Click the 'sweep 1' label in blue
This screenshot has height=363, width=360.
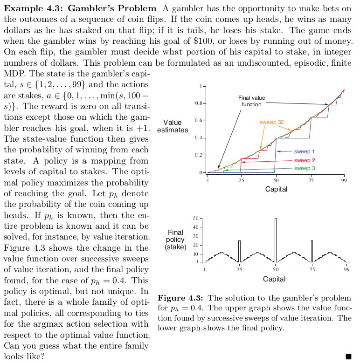pos(304,151)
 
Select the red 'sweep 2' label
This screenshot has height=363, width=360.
pos(304,160)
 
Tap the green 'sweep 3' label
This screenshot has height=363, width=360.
pos(304,168)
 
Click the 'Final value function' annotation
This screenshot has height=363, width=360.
pos(251,101)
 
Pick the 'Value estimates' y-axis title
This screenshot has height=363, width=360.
pos(173,126)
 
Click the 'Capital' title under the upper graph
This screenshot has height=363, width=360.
pos(276,189)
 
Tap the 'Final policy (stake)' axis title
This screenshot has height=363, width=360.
pos(176,239)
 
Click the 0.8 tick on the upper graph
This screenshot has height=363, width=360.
pos(198,103)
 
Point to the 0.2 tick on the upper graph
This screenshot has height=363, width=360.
pos(198,155)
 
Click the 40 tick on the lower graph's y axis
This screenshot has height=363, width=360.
pos(196,227)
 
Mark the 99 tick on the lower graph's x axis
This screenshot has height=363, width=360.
pos(346,270)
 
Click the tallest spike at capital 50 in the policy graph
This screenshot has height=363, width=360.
pos(276,240)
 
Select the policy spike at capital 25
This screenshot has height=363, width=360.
pos(239,251)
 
